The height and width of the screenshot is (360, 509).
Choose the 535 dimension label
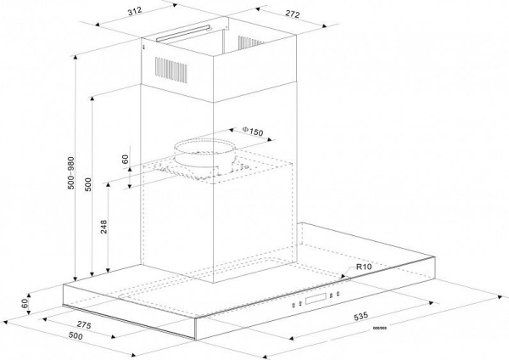(x=361, y=317)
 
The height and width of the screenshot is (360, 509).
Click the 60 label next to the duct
(x=125, y=159)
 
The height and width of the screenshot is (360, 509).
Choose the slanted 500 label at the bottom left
(x=76, y=338)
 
